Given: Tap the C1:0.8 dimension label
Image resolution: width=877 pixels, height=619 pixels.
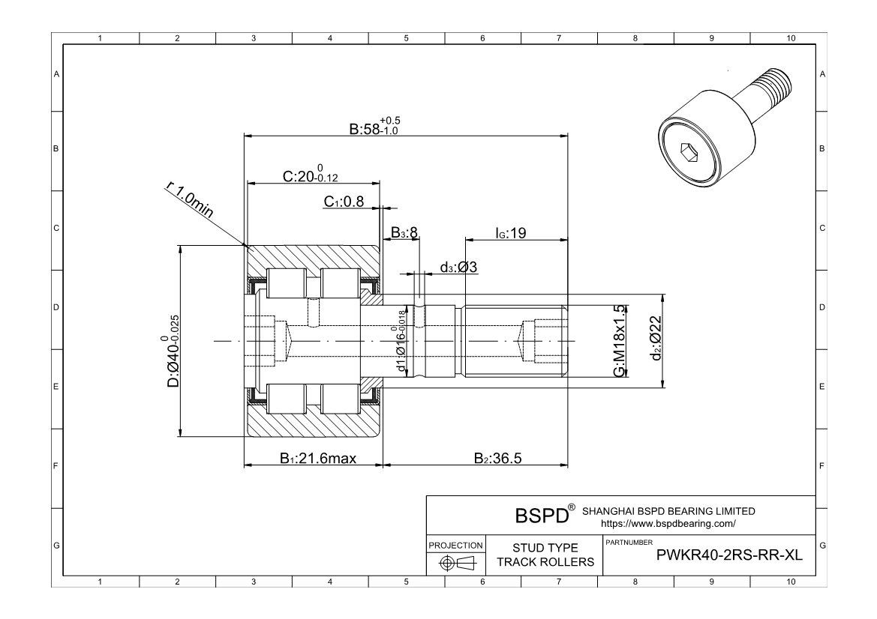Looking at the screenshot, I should click(x=344, y=202).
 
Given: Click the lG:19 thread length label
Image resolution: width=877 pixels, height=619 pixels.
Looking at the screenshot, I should click(x=511, y=233).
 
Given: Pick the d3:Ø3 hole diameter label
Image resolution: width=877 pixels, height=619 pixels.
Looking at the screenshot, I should click(x=459, y=267).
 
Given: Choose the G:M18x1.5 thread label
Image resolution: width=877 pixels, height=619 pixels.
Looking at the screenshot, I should click(x=620, y=341).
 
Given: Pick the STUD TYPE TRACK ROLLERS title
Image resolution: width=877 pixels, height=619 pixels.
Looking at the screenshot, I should click(x=545, y=555).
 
